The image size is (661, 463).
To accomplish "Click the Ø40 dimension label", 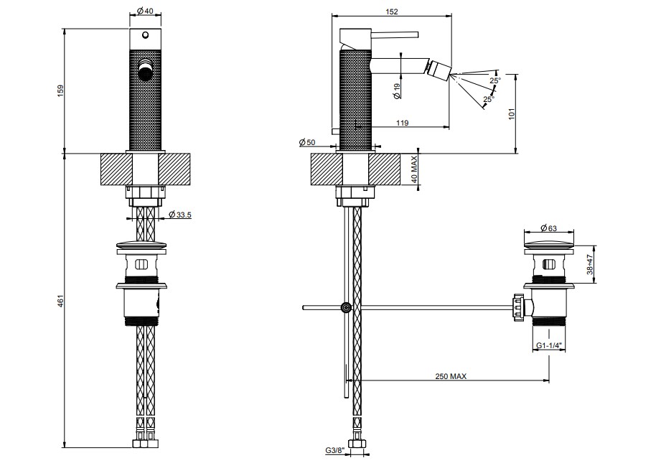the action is [x=145, y=11].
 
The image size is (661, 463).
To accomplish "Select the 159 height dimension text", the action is [x=60, y=90].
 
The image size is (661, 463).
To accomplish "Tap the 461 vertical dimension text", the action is [x=60, y=301].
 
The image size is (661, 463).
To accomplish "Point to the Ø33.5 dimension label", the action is [x=180, y=215].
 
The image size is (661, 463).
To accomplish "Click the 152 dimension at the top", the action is [x=392, y=11].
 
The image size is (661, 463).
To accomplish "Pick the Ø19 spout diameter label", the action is [x=397, y=91].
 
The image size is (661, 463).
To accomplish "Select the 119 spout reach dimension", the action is [x=403, y=123].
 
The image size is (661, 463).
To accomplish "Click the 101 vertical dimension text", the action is [x=512, y=114].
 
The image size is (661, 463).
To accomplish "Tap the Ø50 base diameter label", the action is [x=307, y=143].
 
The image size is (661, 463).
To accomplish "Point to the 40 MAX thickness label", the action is [x=414, y=169].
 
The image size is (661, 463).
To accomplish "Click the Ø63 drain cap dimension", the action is [x=548, y=228].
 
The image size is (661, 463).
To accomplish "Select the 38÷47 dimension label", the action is [x=590, y=264].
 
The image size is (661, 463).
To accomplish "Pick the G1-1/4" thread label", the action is [x=549, y=346].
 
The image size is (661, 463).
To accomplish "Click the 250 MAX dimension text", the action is [x=451, y=376].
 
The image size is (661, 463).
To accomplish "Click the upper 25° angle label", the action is [x=495, y=80].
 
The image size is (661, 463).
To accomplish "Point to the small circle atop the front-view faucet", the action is [x=145, y=34].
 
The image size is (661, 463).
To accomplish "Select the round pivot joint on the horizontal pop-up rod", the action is [x=346, y=308].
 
